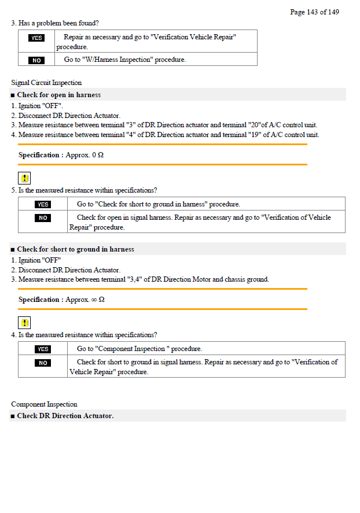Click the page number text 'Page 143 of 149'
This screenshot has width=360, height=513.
point(314,12)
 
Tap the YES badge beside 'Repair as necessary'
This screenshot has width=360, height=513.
point(36,38)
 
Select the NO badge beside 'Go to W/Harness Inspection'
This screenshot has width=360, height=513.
point(36,60)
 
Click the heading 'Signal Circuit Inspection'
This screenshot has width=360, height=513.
point(46,83)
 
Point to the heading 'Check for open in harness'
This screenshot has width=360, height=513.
point(58,95)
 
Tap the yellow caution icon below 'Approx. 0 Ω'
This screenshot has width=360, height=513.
point(25,178)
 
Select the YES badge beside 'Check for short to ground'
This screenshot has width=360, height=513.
point(43,204)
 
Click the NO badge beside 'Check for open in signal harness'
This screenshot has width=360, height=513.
point(43,218)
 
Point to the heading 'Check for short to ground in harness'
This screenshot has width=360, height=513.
point(75,249)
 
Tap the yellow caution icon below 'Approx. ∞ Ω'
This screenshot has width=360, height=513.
point(25,323)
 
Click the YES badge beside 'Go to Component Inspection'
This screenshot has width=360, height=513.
point(43,349)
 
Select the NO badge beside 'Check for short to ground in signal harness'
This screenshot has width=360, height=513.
point(43,363)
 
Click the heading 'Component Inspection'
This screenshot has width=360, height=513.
point(44,404)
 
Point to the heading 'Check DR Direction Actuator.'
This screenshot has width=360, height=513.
point(65,416)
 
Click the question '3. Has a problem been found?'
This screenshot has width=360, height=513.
point(55,23)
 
